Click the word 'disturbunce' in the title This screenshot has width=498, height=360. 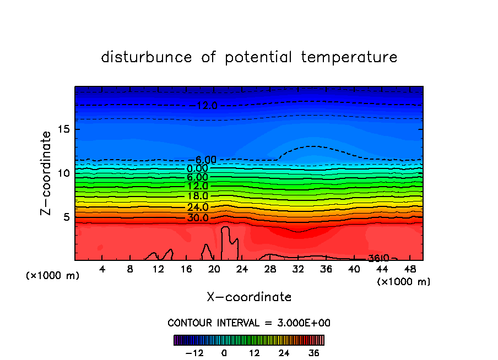(147, 57)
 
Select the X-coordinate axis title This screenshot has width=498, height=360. (249, 297)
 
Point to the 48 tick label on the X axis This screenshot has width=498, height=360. (410, 269)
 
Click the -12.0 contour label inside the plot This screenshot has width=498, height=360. (207, 105)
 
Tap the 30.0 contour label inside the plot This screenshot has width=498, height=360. (198, 218)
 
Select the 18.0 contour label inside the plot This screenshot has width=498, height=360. (198, 196)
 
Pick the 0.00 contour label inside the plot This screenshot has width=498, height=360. (198, 168)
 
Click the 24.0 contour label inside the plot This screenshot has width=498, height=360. (198, 208)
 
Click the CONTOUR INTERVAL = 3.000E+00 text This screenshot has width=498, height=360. (249, 323)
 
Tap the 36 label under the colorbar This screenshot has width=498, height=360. (313, 353)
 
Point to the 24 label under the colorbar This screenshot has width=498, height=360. (284, 353)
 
